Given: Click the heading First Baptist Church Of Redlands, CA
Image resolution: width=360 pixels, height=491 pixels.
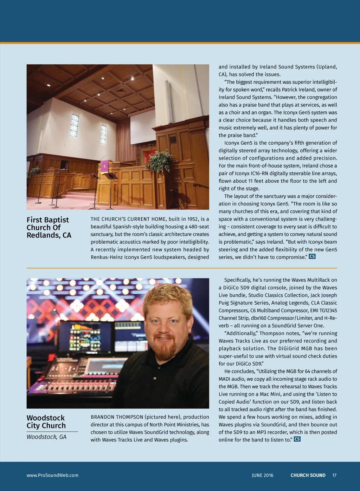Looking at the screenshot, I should (x=49, y=228).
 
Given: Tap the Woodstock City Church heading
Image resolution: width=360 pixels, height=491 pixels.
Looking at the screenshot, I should (x=46, y=422).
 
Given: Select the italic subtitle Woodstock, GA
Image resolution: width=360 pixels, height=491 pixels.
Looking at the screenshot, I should (x=46, y=437).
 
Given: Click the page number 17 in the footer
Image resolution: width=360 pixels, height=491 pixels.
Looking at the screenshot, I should (x=334, y=475).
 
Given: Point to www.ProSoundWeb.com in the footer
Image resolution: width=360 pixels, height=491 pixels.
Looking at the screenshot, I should (x=52, y=475).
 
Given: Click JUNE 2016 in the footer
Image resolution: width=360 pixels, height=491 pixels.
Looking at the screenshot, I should (x=262, y=475).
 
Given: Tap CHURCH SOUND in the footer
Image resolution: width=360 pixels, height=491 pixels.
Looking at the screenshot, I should (x=308, y=475).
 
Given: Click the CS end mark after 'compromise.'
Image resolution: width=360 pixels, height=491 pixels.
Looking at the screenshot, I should (x=312, y=256).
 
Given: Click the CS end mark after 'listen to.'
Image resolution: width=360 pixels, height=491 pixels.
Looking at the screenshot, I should (x=297, y=439).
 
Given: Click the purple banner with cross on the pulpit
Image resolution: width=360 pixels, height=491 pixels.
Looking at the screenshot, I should (x=105, y=165).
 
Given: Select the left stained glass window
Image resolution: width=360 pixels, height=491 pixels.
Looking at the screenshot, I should (x=74, y=125).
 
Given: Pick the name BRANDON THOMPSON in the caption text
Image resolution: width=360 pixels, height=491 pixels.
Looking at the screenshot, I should (x=117, y=417).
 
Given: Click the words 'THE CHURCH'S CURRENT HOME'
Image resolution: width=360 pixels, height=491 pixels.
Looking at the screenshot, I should (x=128, y=219).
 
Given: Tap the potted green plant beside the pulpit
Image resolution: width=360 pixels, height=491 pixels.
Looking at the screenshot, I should (x=159, y=162).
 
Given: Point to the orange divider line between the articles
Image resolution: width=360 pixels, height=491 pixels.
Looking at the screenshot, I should (x=182, y=268).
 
